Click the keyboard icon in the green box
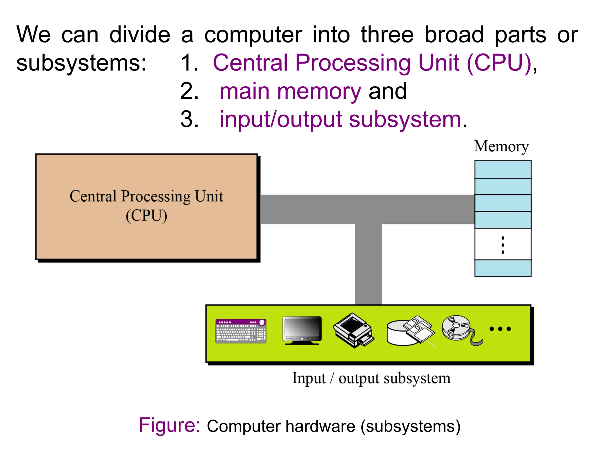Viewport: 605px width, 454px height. click(241, 331)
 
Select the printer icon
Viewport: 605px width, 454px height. click(354, 330)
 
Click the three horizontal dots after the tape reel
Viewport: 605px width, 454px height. click(500, 329)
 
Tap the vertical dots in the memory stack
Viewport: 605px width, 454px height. click(503, 245)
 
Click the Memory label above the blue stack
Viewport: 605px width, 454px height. click(501, 146)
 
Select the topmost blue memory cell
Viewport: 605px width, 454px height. click(503, 169)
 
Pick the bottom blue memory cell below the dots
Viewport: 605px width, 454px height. click(503, 268)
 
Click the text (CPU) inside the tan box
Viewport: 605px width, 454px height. click(146, 215)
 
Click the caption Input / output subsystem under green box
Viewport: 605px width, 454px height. click(371, 378)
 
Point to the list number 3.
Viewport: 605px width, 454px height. click(189, 119)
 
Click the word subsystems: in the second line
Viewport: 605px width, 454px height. click(81, 63)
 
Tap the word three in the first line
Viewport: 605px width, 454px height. click(387, 35)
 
